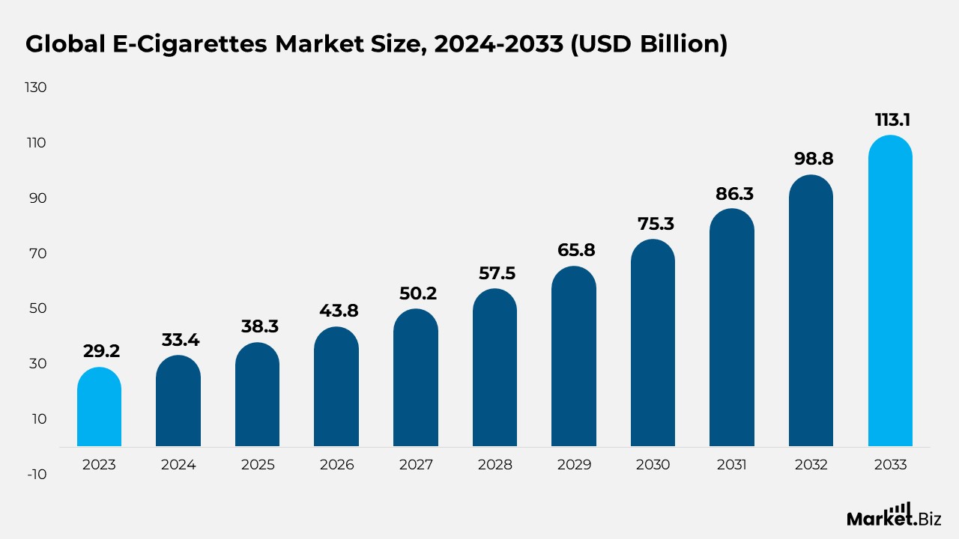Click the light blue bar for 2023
click(99, 406)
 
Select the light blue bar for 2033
click(890, 291)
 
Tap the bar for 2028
click(494, 368)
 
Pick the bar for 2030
click(653, 343)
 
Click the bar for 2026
click(336, 387)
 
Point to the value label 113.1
click(892, 120)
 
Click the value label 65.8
click(576, 250)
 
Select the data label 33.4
click(181, 340)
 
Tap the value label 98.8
click(814, 159)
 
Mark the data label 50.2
click(418, 293)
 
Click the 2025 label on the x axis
click(258, 465)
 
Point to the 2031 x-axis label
click(732, 465)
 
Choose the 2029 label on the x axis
click(574, 465)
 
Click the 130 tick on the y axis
click(35, 88)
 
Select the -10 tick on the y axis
click(37, 475)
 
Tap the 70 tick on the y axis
click(37, 254)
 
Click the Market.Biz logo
click(894, 515)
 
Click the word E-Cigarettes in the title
click(190, 44)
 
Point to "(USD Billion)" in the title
click(649, 44)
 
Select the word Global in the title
click(65, 44)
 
